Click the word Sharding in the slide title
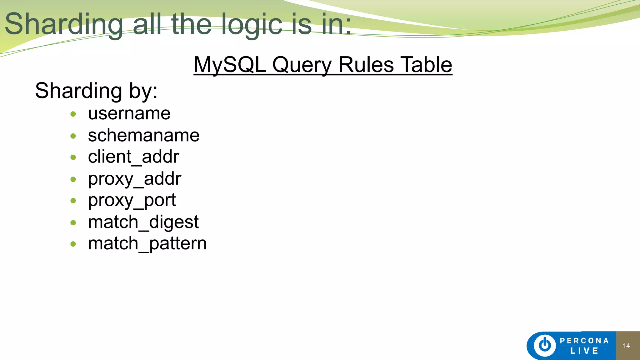[x=64, y=24]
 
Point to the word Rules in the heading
[x=366, y=65]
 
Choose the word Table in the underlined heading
[x=427, y=65]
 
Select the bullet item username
[x=129, y=113]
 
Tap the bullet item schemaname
[x=144, y=135]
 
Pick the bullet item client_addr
[x=133, y=157]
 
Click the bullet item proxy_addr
[x=134, y=179]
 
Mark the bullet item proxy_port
[x=132, y=200]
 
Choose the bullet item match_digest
[x=143, y=222]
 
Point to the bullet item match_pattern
[x=147, y=243]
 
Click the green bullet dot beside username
[x=73, y=114]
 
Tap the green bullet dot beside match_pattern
[x=73, y=244]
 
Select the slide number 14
[x=626, y=346]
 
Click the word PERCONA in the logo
[x=584, y=341]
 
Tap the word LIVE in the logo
[x=584, y=351]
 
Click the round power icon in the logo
[x=545, y=345]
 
